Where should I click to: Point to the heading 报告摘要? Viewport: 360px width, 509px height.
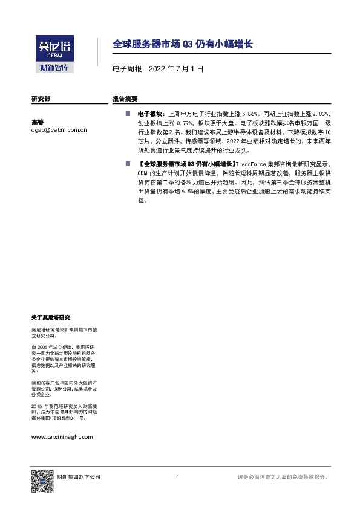(x=125, y=98)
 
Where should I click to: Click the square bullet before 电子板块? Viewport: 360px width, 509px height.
(x=128, y=113)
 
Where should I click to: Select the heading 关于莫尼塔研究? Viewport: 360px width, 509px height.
(x=50, y=317)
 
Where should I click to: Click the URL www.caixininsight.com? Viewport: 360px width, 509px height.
(x=62, y=436)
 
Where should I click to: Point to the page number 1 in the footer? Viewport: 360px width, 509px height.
(x=178, y=478)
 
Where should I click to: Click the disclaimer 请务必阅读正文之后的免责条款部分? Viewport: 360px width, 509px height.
(x=283, y=478)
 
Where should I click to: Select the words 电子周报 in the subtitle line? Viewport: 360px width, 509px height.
(x=125, y=70)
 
